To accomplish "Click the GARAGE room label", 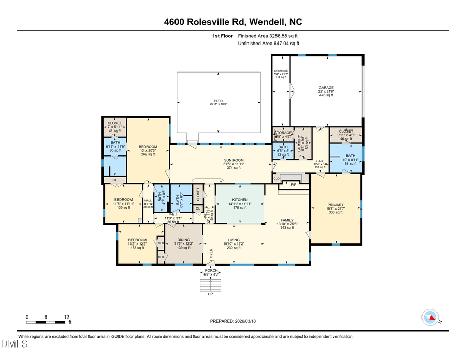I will tap(326, 88).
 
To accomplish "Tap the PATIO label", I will tap(218, 101).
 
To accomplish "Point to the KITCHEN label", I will tap(240, 200).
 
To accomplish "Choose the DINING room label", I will tap(183, 240).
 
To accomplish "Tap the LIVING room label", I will tap(234, 240).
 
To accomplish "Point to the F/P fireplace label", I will tap(293, 184).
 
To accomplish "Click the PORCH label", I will tap(211, 270).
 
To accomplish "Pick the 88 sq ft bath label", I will tap(351, 156).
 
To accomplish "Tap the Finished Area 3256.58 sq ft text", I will tap(268, 36).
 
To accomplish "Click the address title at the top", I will tap(233, 21).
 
